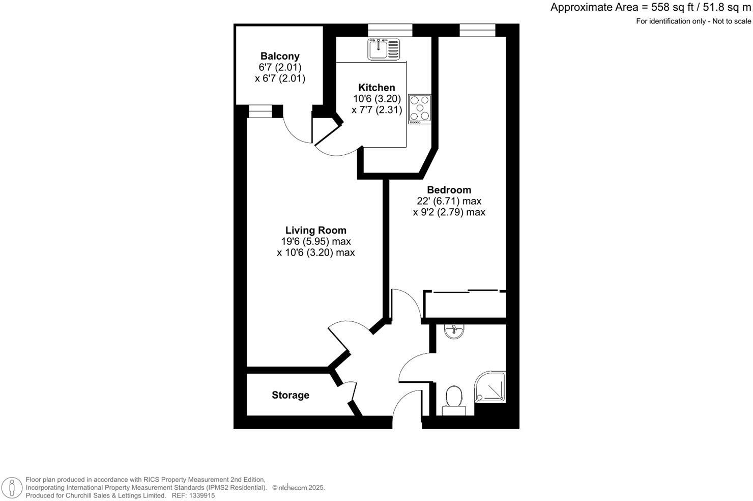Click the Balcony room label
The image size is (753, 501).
pyautogui.click(x=280, y=56)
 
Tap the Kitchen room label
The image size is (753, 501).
pyautogui.click(x=376, y=88)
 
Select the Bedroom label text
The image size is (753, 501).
pyautogui.click(x=449, y=190)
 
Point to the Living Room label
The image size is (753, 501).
pyautogui.click(x=315, y=230)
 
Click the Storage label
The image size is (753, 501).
pyautogui.click(x=291, y=395)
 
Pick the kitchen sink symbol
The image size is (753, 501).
pyautogui.click(x=384, y=49)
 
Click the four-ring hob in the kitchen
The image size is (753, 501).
pyautogui.click(x=420, y=109)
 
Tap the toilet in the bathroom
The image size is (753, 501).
pyautogui.click(x=453, y=398)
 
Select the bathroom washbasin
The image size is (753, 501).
pyautogui.click(x=453, y=332)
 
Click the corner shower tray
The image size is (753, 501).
pyautogui.click(x=490, y=387)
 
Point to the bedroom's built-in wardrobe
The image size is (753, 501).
pyautogui.click(x=465, y=304)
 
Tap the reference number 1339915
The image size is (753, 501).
pyautogui.click(x=201, y=495)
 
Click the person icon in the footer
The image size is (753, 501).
pyautogui.click(x=12, y=487)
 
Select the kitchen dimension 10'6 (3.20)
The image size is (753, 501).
pyautogui.click(x=377, y=99)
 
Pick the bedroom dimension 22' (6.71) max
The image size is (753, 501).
pyautogui.click(x=449, y=201)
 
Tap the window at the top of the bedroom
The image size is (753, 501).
pyautogui.click(x=477, y=30)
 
